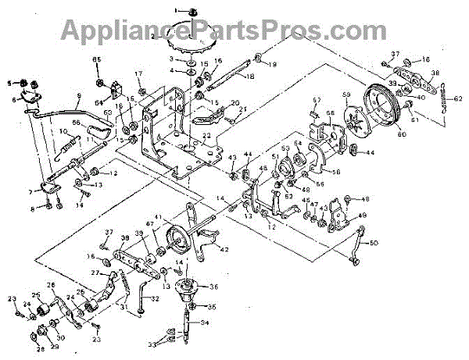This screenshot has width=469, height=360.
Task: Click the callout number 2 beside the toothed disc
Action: [156, 36]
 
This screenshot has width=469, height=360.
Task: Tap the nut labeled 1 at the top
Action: [192, 9]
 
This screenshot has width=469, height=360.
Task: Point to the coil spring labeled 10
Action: [70, 144]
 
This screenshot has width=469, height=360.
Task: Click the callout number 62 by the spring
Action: [458, 98]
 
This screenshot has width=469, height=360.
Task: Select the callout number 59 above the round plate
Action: [347, 96]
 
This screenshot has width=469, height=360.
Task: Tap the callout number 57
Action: [317, 100]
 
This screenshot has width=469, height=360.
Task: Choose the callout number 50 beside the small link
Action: [374, 244]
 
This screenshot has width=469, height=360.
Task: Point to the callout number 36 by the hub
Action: [215, 287]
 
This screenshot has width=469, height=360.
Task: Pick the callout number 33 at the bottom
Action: [153, 343]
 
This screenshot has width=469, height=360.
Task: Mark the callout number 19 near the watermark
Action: [274, 65]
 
